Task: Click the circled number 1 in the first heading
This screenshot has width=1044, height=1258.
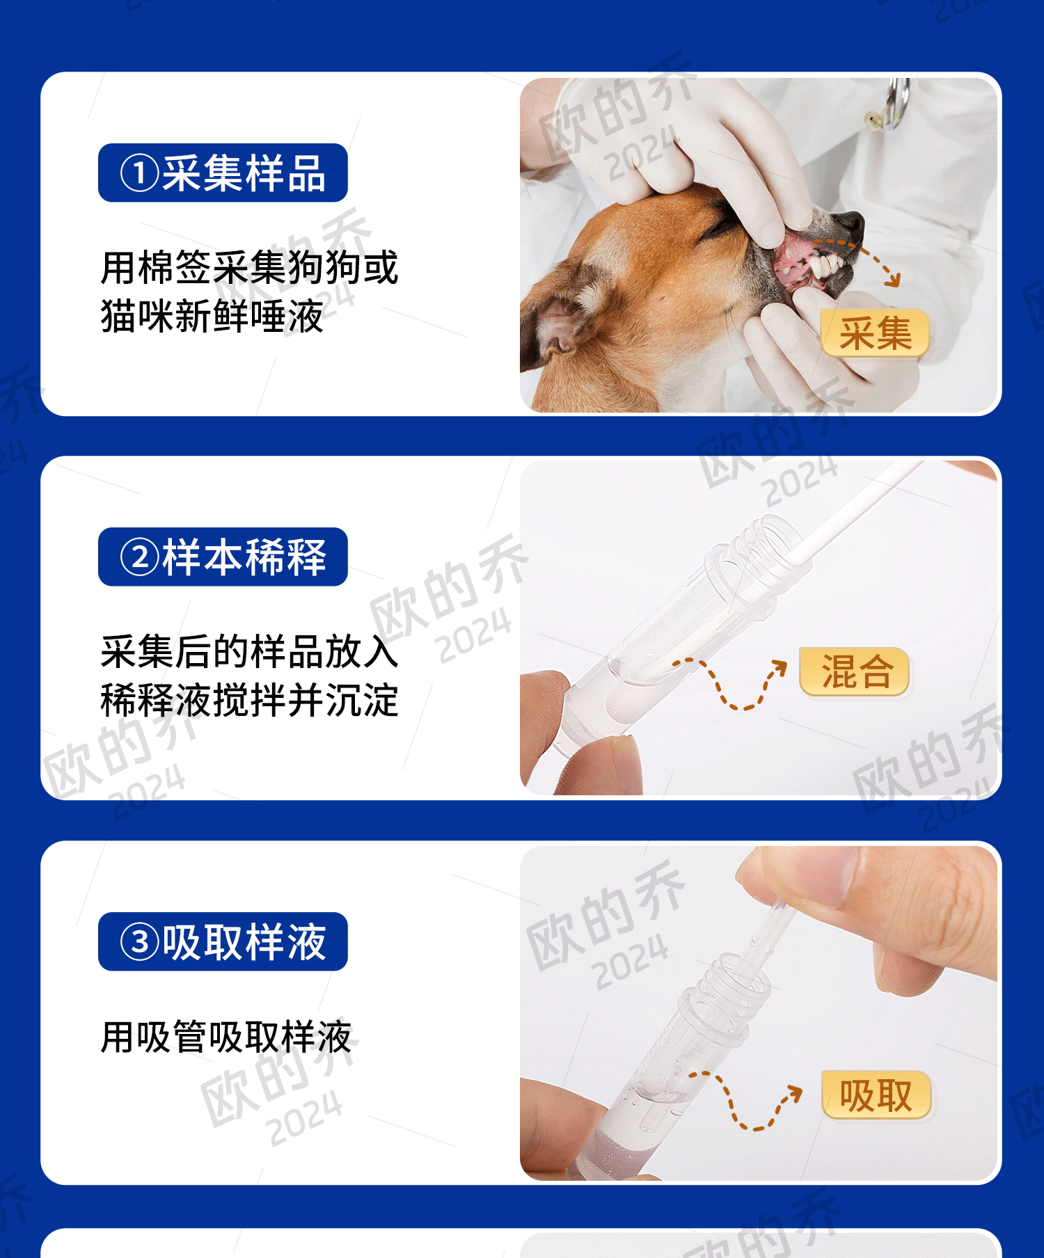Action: tap(139, 173)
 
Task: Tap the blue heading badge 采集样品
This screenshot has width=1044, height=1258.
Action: tap(223, 173)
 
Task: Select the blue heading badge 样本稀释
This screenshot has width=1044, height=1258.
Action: tap(223, 557)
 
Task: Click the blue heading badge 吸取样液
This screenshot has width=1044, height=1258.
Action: tap(223, 942)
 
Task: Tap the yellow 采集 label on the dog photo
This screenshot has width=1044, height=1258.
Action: tap(875, 333)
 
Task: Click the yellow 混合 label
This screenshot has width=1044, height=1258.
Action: tap(855, 671)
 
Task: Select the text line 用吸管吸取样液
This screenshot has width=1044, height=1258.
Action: tap(226, 1037)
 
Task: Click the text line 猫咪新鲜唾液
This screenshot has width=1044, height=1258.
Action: tap(212, 317)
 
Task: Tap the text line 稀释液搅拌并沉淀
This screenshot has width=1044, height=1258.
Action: tap(249, 700)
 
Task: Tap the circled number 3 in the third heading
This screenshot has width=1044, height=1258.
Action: tap(139, 942)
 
